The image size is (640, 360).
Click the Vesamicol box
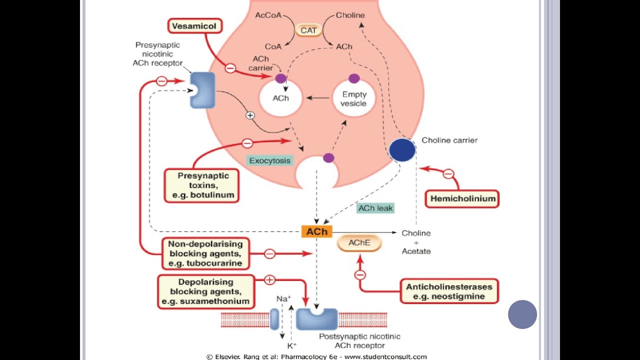[194, 26]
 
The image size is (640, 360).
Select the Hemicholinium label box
[462, 198]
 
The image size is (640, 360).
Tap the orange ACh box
[317, 231]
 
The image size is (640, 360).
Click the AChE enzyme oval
[359, 243]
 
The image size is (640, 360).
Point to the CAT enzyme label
[308, 30]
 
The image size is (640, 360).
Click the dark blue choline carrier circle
[402, 150]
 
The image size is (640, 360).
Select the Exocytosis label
[270, 160]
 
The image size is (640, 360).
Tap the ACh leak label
[375, 208]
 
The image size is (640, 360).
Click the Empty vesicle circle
[354, 98]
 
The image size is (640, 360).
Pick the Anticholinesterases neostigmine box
[449, 291]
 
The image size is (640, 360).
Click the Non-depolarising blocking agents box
[205, 253]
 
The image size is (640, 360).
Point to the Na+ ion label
[283, 299]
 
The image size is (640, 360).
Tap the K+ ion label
[291, 345]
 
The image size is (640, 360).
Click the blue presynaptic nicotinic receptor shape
[202, 90]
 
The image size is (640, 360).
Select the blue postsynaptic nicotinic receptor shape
[317, 319]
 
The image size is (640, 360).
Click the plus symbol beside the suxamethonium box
[269, 280]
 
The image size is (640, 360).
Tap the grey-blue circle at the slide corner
[522, 314]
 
